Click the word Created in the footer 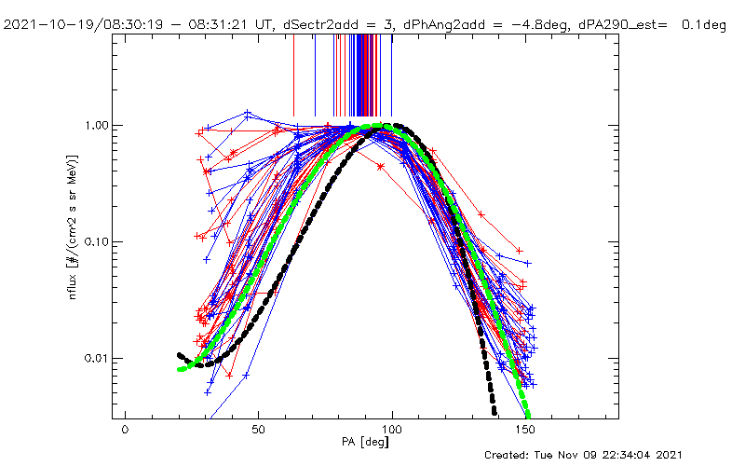coord(508,455)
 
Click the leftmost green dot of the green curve coord(181,369)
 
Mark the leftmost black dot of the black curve coord(180,355)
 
